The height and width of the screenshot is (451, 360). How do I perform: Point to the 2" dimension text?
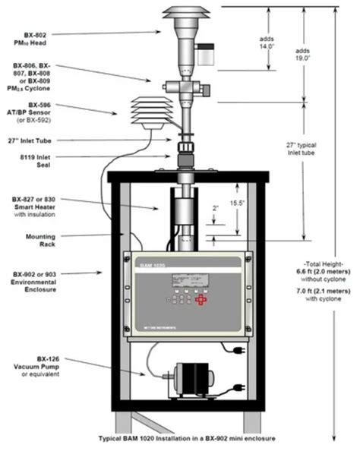216,207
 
